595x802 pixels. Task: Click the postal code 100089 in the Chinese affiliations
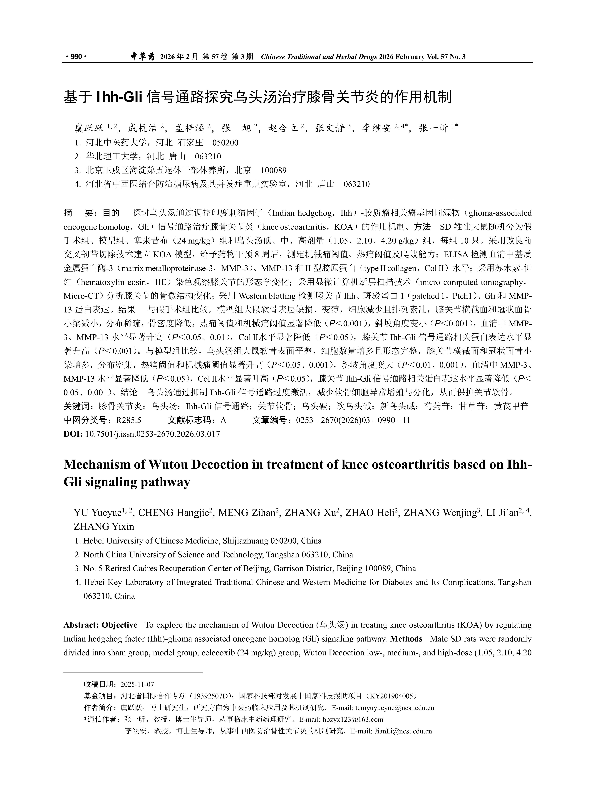tap(274, 170)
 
